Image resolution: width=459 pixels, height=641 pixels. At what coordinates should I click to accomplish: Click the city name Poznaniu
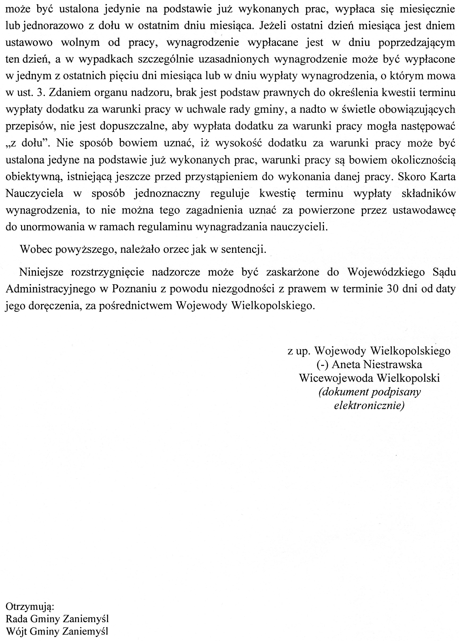coord(132,289)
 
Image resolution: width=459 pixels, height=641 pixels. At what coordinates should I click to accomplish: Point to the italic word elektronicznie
coord(369,406)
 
